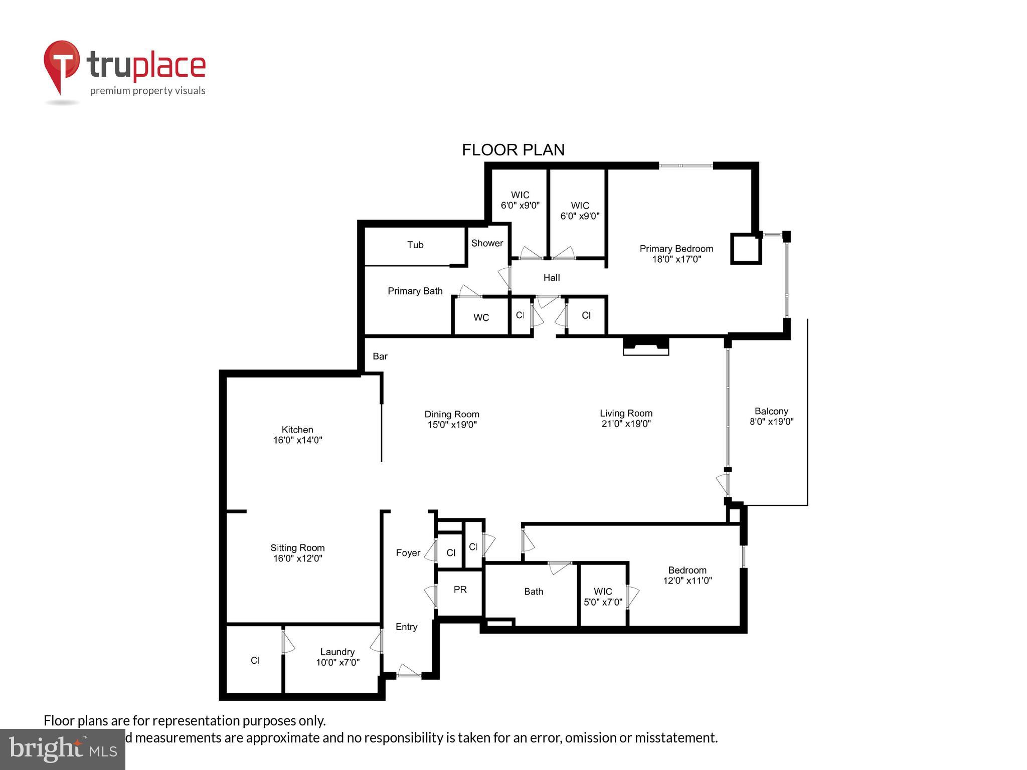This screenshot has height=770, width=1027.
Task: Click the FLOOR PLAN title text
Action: point(513,150)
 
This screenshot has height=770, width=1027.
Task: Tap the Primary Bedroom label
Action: point(676,249)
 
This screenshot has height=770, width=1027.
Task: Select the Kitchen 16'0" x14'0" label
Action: point(297,435)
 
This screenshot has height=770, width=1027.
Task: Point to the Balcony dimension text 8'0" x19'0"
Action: point(771,422)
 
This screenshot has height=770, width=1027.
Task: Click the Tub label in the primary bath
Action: point(415,245)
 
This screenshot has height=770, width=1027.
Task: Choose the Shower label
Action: point(487,243)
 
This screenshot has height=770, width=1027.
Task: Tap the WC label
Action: point(481,317)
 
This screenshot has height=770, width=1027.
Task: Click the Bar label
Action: point(380,356)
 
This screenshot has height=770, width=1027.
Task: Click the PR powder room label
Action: point(460,590)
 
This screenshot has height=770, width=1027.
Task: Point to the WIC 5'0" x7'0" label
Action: point(603,597)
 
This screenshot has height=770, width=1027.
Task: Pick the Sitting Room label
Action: point(297,553)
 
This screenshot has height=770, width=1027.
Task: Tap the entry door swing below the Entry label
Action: point(409,671)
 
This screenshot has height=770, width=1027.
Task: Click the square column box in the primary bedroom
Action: point(746,249)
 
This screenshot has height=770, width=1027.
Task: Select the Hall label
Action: point(552,278)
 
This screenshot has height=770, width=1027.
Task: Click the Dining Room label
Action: point(452,419)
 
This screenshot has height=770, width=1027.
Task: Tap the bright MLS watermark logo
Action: point(63,749)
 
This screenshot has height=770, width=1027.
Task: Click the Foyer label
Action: point(408,553)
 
